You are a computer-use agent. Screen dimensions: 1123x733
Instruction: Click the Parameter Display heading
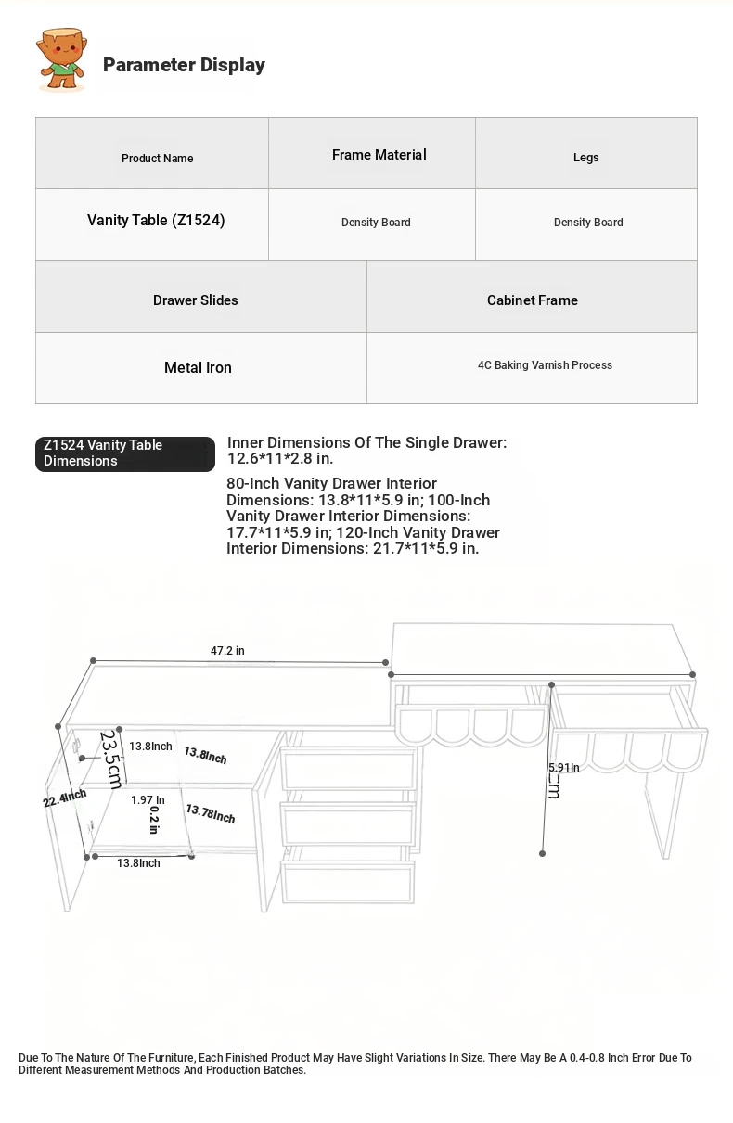[184, 65]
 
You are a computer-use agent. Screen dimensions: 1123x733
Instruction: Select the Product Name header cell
[157, 158]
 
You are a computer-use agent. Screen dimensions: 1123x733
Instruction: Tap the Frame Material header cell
[379, 155]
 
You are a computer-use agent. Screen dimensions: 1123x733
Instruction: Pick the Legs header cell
[585, 158]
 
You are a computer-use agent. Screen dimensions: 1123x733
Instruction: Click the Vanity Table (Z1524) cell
[156, 221]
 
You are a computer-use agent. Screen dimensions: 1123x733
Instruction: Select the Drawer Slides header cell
[195, 300]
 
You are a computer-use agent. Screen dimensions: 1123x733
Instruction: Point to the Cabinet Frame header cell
[532, 300]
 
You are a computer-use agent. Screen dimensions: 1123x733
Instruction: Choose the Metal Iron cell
[198, 368]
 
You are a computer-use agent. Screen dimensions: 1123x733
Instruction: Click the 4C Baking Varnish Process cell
[545, 365]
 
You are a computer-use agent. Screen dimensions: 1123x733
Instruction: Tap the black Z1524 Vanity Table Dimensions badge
[125, 453]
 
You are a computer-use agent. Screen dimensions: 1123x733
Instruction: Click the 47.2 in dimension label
[227, 651]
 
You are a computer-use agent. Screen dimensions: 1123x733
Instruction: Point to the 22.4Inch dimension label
[65, 798]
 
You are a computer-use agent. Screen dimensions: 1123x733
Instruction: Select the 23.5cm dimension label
[111, 759]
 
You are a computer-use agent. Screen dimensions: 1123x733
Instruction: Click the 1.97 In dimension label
[148, 800]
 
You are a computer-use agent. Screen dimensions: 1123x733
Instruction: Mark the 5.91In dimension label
[563, 768]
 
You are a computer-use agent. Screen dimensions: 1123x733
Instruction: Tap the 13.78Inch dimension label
[210, 814]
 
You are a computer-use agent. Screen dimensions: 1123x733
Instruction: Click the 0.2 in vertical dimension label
[154, 820]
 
